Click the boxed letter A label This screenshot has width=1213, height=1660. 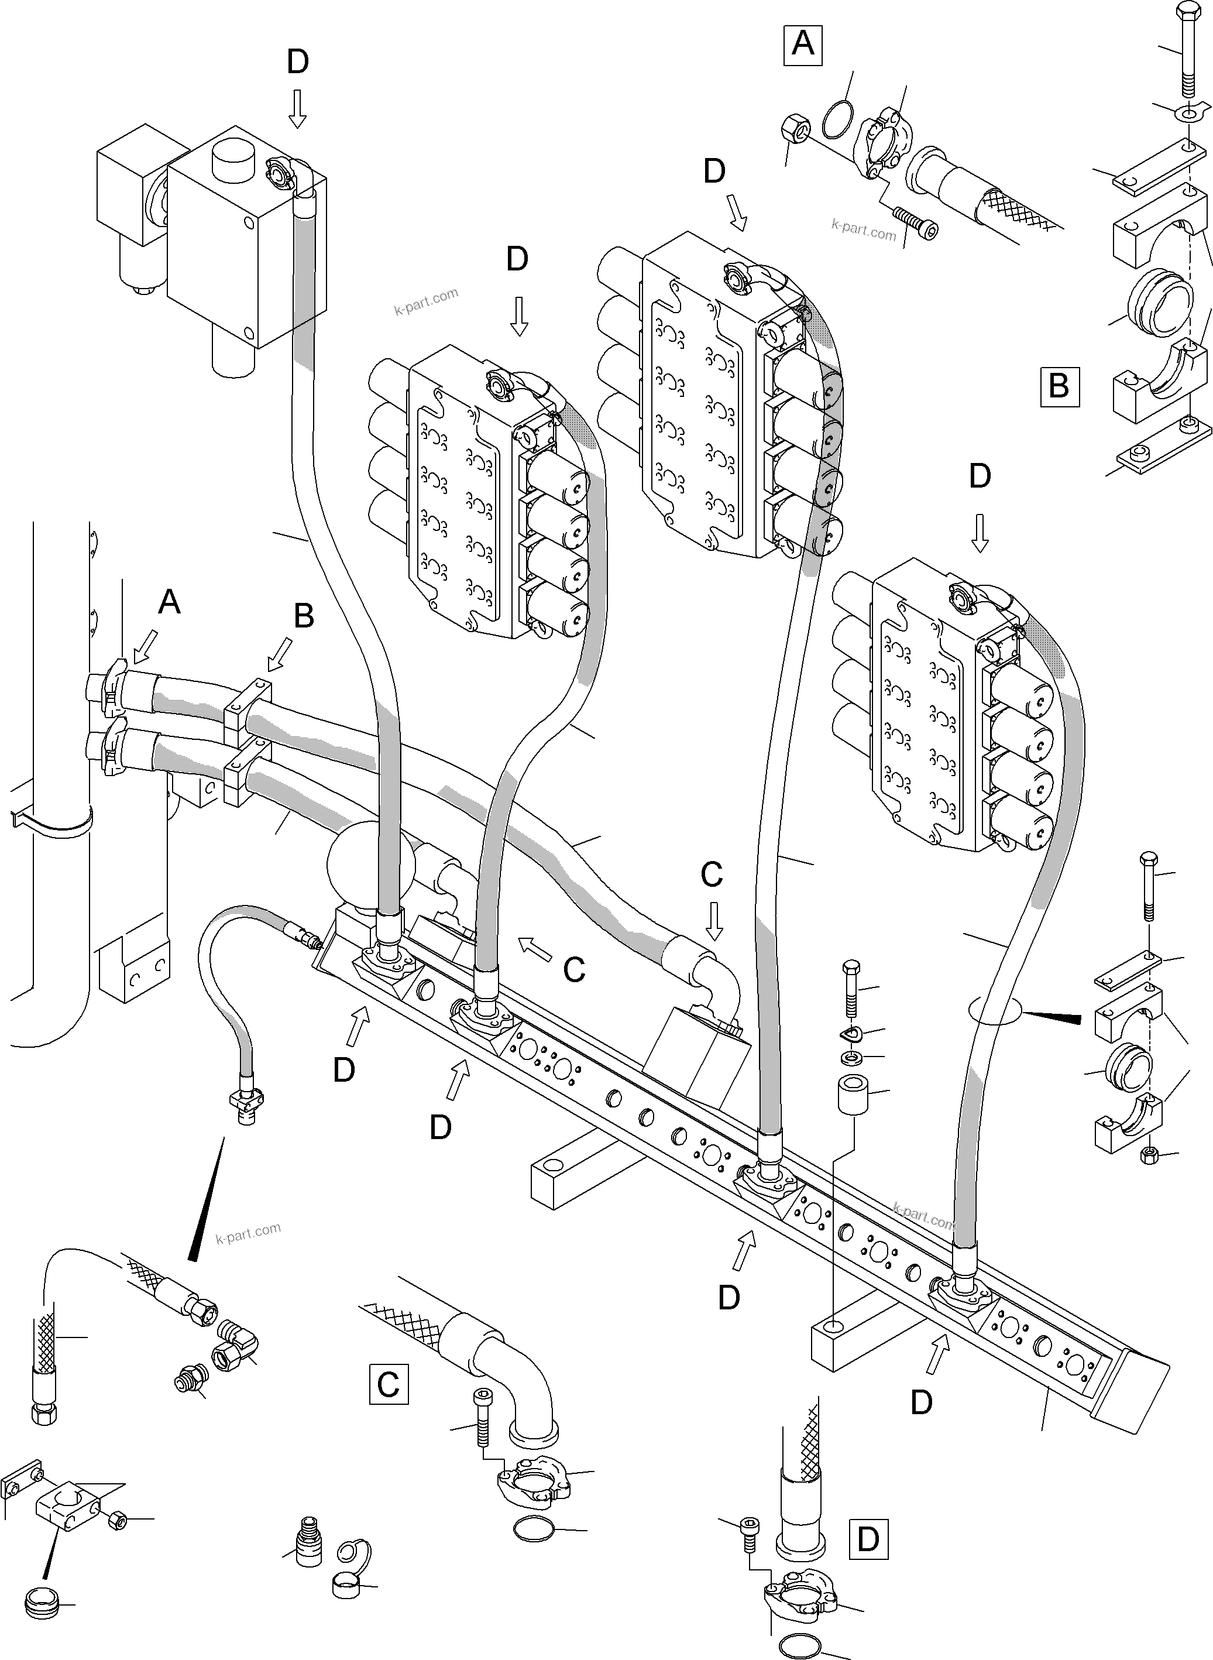[x=803, y=46]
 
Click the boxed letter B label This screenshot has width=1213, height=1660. [x=1059, y=386]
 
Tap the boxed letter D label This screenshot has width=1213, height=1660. [x=868, y=1539]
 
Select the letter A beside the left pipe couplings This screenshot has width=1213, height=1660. [x=169, y=602]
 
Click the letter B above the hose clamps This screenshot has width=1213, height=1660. [x=303, y=616]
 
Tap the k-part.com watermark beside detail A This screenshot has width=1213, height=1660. [x=864, y=230]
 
